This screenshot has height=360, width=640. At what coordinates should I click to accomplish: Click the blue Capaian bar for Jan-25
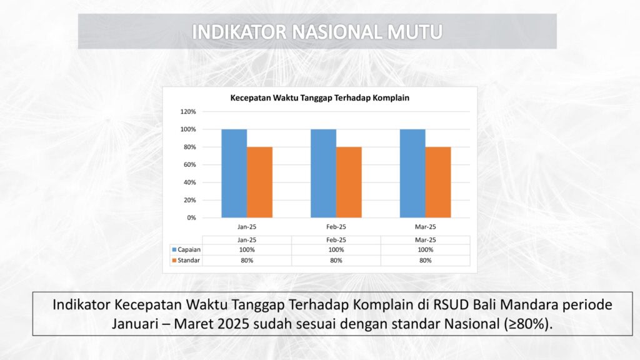(234, 174)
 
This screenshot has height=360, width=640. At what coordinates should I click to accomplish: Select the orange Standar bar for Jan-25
(259, 182)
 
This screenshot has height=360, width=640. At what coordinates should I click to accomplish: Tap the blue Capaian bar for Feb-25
(323, 174)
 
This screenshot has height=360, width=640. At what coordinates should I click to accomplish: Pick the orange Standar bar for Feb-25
(349, 182)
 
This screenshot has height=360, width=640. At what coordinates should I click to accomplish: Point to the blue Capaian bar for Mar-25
(412, 174)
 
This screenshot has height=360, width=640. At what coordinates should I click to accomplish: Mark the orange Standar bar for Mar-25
(438, 182)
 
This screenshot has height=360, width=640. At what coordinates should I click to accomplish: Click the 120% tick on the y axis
(188, 111)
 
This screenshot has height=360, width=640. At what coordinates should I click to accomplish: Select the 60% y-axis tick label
(190, 164)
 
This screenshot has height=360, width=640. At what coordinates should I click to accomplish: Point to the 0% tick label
(191, 217)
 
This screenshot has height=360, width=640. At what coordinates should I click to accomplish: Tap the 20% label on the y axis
(190, 200)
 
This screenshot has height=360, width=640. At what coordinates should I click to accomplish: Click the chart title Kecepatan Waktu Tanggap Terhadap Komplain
(319, 98)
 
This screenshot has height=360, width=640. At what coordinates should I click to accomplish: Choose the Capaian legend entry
(186, 249)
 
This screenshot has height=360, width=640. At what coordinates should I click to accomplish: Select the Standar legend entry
(186, 260)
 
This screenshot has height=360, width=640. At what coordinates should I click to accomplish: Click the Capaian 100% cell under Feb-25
(336, 249)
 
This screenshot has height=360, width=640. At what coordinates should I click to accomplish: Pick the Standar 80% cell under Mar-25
(425, 260)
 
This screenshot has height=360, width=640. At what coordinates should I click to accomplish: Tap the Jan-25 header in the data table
(247, 240)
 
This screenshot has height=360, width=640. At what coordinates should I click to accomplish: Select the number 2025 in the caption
(233, 324)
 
